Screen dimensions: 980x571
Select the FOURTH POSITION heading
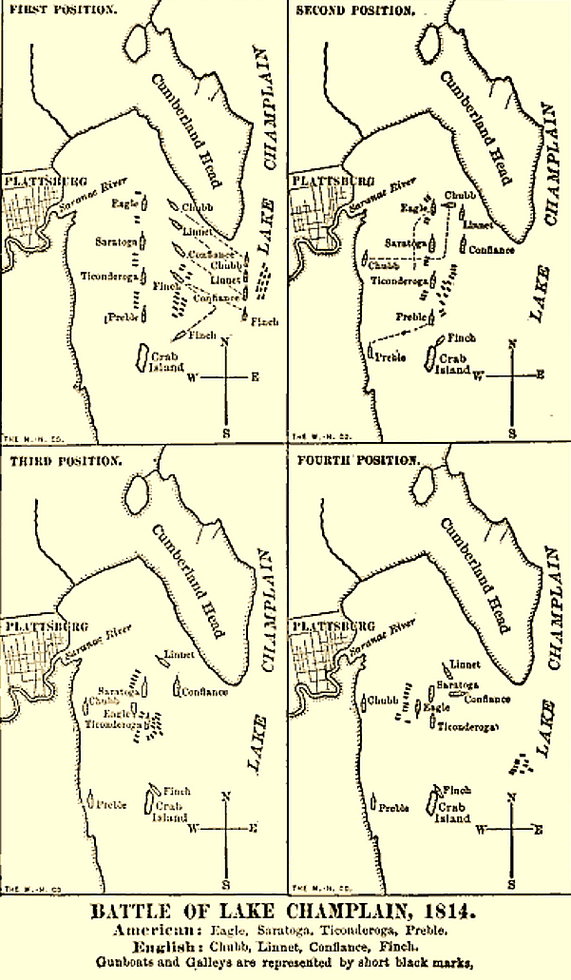(357, 461)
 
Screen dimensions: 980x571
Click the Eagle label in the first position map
(124, 203)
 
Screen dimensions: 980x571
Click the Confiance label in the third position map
(205, 692)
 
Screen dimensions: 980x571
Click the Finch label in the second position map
(461, 337)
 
